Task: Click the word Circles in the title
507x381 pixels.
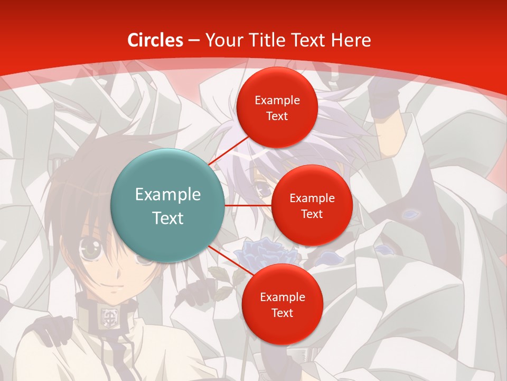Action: click(x=155, y=40)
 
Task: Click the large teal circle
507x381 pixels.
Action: click(x=167, y=205)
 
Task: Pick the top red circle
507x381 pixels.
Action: click(x=277, y=107)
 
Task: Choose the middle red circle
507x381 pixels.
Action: click(x=312, y=205)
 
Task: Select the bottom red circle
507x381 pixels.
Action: click(x=282, y=304)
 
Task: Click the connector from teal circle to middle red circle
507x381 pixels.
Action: click(x=248, y=205)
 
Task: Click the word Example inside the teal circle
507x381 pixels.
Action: click(x=168, y=195)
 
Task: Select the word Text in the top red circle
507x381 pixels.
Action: click(x=277, y=116)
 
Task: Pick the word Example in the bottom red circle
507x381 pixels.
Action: click(x=282, y=297)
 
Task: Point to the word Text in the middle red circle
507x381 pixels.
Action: click(x=312, y=214)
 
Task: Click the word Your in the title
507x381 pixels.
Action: click(x=223, y=40)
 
